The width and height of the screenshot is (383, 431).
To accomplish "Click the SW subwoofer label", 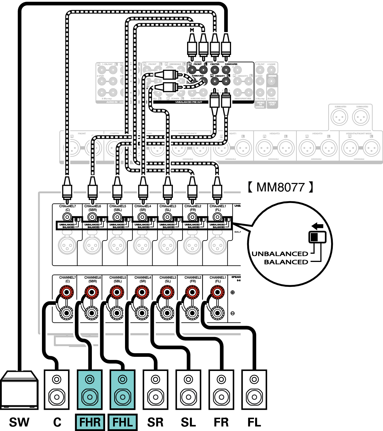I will (x=19, y=422).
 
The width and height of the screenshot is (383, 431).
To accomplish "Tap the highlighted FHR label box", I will (x=90, y=422).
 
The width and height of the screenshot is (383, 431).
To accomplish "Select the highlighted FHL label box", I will (x=123, y=422).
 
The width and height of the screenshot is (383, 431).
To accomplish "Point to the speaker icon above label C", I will (x=57, y=389).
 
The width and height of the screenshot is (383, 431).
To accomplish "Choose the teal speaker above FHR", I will (x=90, y=389).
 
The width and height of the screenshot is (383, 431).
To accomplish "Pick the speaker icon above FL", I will (x=254, y=389).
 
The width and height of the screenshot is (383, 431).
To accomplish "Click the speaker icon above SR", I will (x=155, y=389).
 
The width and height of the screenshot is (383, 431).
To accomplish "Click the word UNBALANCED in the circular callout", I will (x=280, y=254).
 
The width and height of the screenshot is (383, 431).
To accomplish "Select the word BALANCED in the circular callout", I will (x=286, y=262).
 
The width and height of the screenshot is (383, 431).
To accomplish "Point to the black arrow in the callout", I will (x=318, y=226).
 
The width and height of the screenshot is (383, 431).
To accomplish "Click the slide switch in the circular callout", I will (x=318, y=237).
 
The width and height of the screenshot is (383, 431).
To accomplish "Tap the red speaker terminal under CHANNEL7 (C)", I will (x=67, y=292).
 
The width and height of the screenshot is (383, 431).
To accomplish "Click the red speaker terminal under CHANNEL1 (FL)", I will (x=217, y=292).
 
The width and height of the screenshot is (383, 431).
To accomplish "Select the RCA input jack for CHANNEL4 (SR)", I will (x=142, y=217).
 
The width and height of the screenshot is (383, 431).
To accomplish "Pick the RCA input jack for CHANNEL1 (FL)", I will (x=217, y=217).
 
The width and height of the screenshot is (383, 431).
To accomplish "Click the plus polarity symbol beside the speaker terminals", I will (x=233, y=292).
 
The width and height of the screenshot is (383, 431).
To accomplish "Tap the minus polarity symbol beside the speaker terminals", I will (x=233, y=313).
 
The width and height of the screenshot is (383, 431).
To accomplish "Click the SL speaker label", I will (x=188, y=422).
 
